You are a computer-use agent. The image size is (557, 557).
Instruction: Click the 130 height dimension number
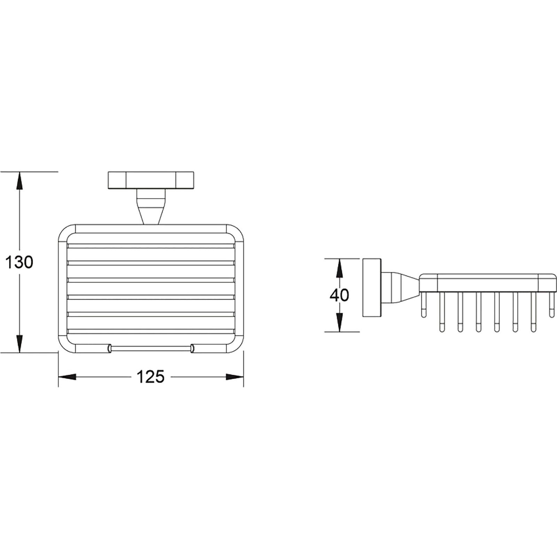(x=19, y=262)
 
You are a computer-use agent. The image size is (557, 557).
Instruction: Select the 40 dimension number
(x=339, y=295)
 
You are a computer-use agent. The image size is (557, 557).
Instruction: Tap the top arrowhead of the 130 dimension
(x=19, y=181)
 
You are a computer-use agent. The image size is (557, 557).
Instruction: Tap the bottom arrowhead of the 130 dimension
(x=19, y=344)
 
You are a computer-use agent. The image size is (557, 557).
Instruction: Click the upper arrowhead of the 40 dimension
(x=339, y=267)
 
